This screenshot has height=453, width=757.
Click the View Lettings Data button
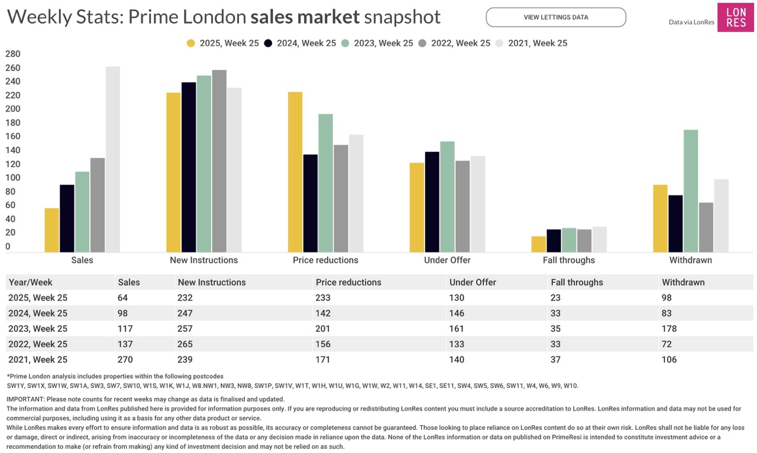point(555,17)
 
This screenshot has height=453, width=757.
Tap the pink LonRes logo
point(735,17)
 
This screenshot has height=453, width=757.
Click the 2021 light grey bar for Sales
point(112,160)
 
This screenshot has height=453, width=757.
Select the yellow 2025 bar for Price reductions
point(295,172)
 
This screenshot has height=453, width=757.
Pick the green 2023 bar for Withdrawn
point(691,191)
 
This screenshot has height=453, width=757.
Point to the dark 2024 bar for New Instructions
point(189,167)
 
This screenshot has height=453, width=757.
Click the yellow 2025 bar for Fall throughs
point(539,244)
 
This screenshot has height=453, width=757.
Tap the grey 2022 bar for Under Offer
point(462,206)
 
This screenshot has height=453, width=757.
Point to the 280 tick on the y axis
point(12,54)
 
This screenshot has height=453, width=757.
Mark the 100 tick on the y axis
point(12,178)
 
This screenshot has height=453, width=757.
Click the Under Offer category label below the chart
point(447,260)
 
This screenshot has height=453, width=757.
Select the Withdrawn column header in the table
point(683,282)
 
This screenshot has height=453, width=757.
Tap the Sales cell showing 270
point(125,360)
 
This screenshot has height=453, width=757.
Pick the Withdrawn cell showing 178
point(669,328)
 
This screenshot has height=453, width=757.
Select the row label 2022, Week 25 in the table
point(38,344)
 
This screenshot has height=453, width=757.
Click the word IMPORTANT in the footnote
point(25,399)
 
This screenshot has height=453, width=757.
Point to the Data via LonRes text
point(690,22)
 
